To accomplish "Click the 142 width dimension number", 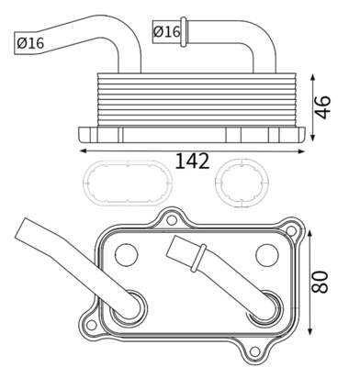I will coord(192,161).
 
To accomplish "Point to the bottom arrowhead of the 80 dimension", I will coord(313,333).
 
